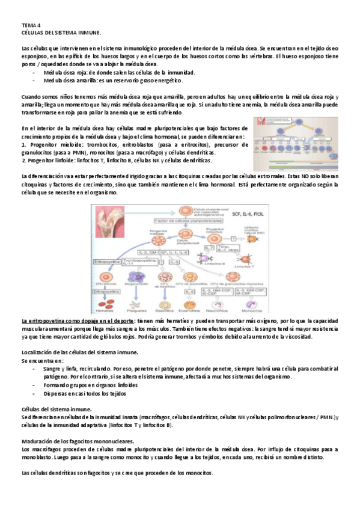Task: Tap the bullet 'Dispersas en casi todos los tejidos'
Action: pos(85,393)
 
